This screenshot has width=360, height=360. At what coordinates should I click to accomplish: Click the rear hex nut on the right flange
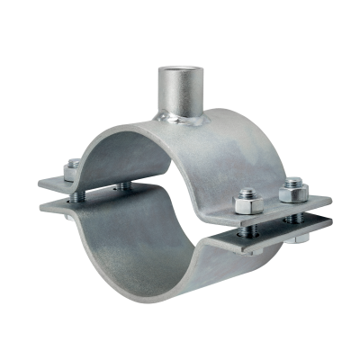point(290,190)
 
